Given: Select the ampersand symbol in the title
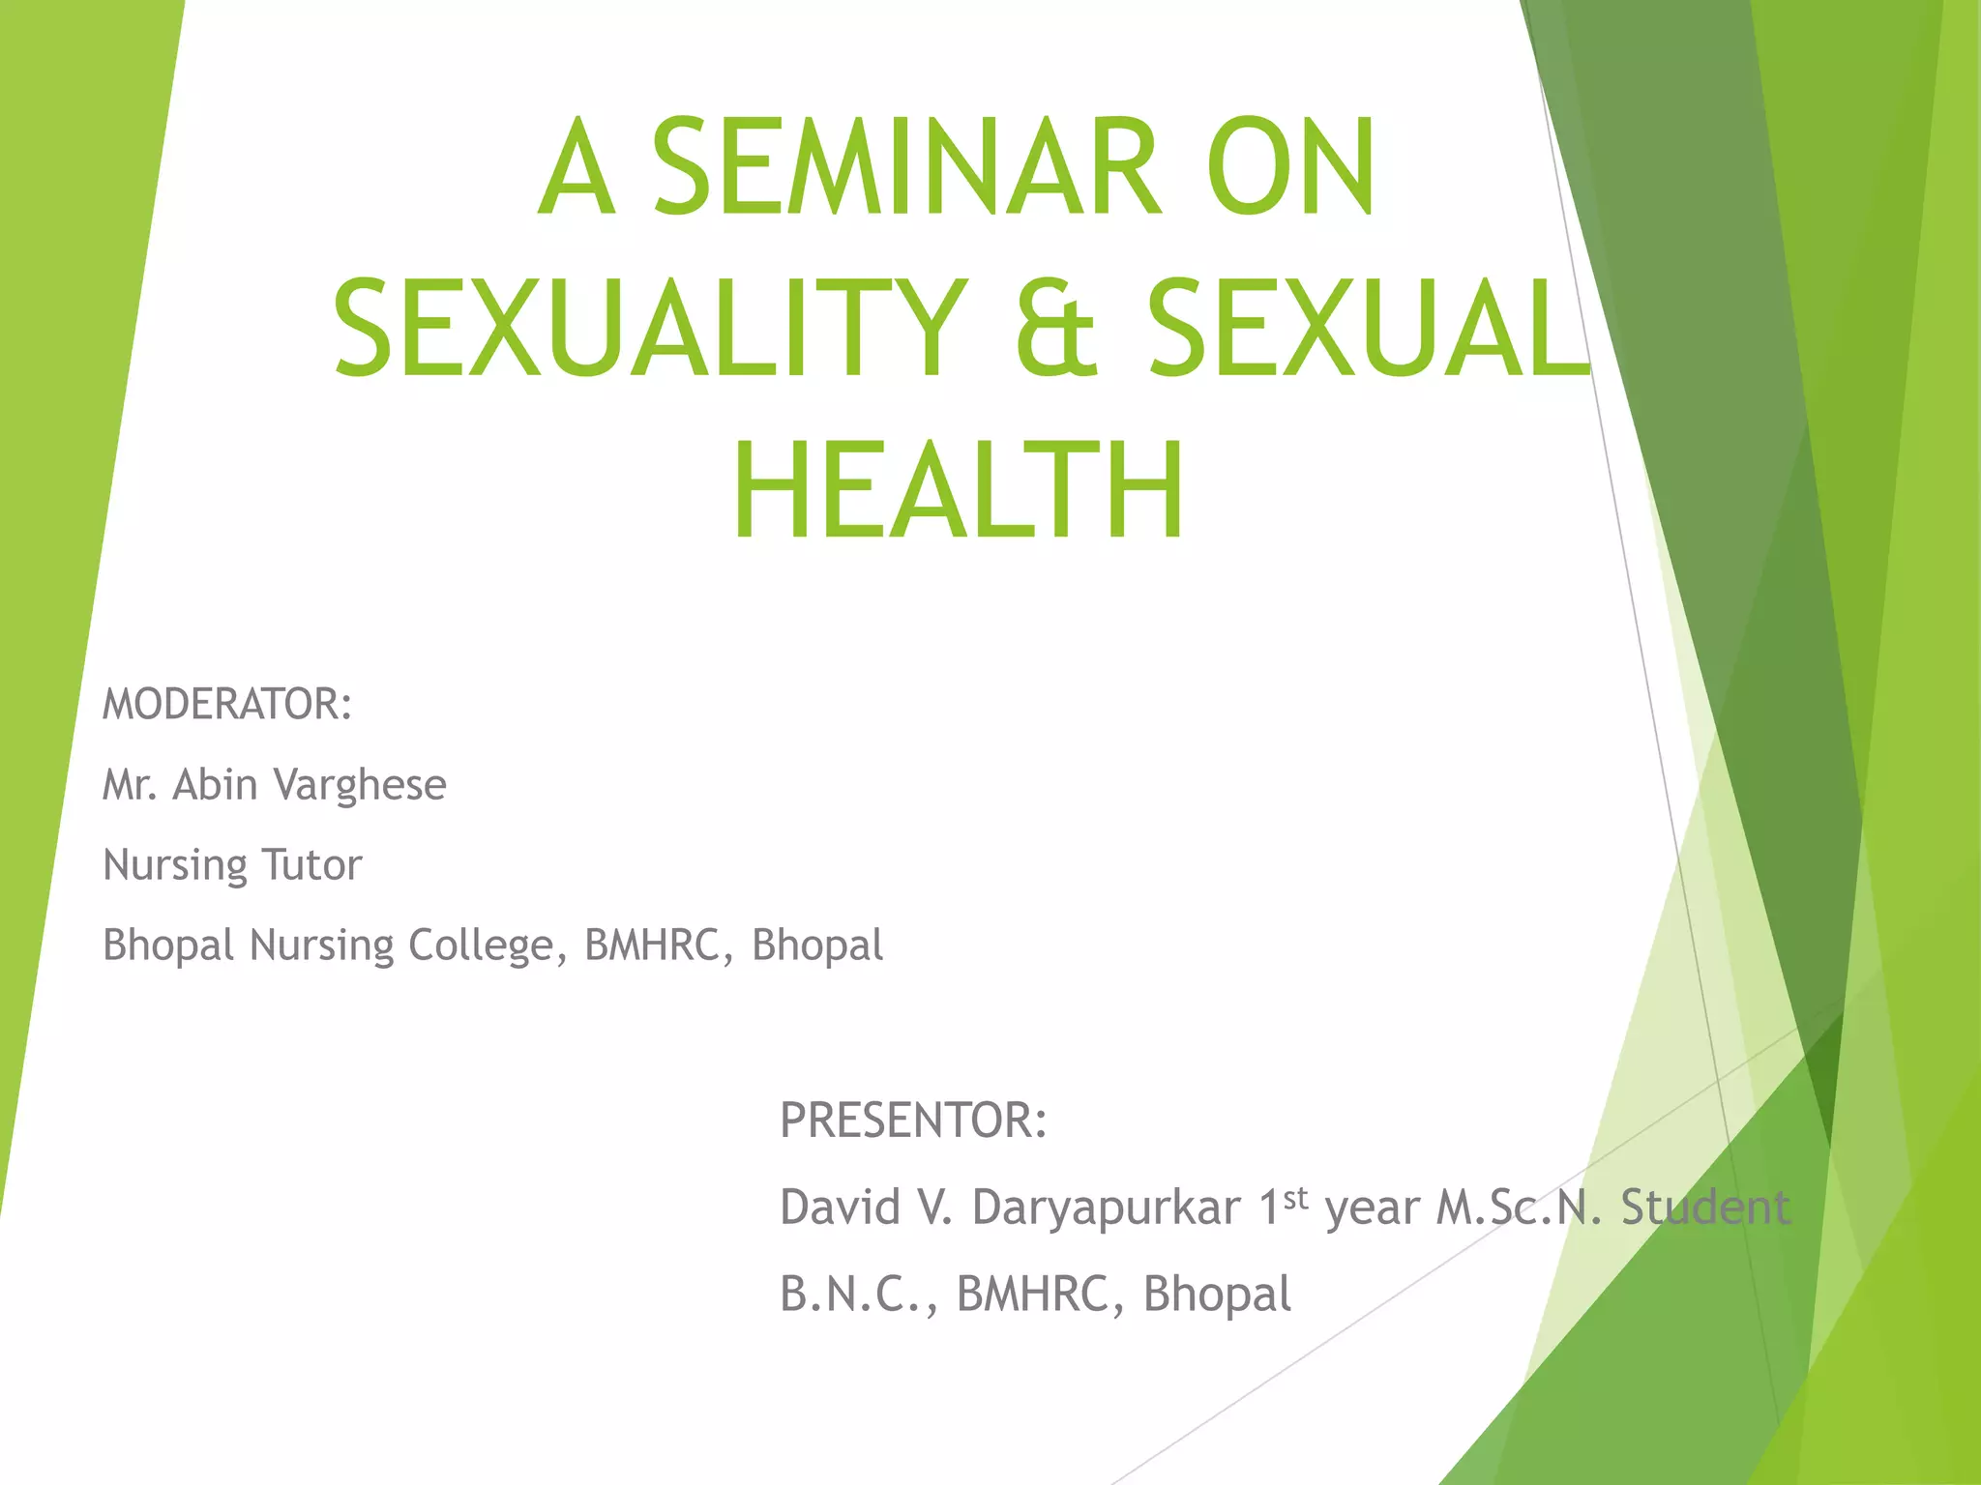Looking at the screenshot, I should click(x=1056, y=328).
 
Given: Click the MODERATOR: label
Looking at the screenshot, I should click(x=227, y=704).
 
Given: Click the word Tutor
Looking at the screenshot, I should click(x=311, y=864).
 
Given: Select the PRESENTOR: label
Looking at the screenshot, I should click(x=913, y=1121).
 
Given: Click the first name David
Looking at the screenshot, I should click(x=840, y=1208).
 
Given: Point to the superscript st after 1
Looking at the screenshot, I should click(x=1296, y=1198).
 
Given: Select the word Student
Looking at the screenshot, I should click(x=1705, y=1208).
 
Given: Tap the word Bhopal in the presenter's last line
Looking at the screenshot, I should click(x=1217, y=1295).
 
